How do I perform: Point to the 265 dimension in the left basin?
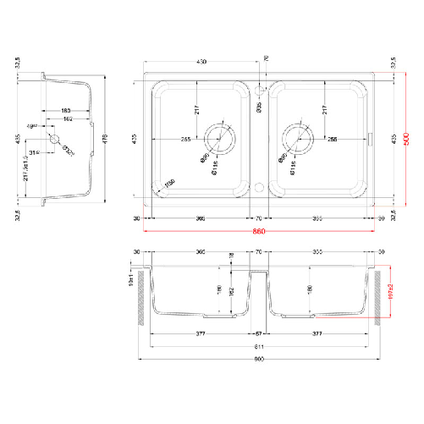[184, 140]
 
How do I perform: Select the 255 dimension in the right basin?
[333, 140]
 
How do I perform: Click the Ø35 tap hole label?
[260, 107]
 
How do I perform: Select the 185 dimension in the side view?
[65, 111]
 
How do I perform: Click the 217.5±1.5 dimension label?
[28, 172]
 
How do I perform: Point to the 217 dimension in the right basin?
[324, 110]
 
